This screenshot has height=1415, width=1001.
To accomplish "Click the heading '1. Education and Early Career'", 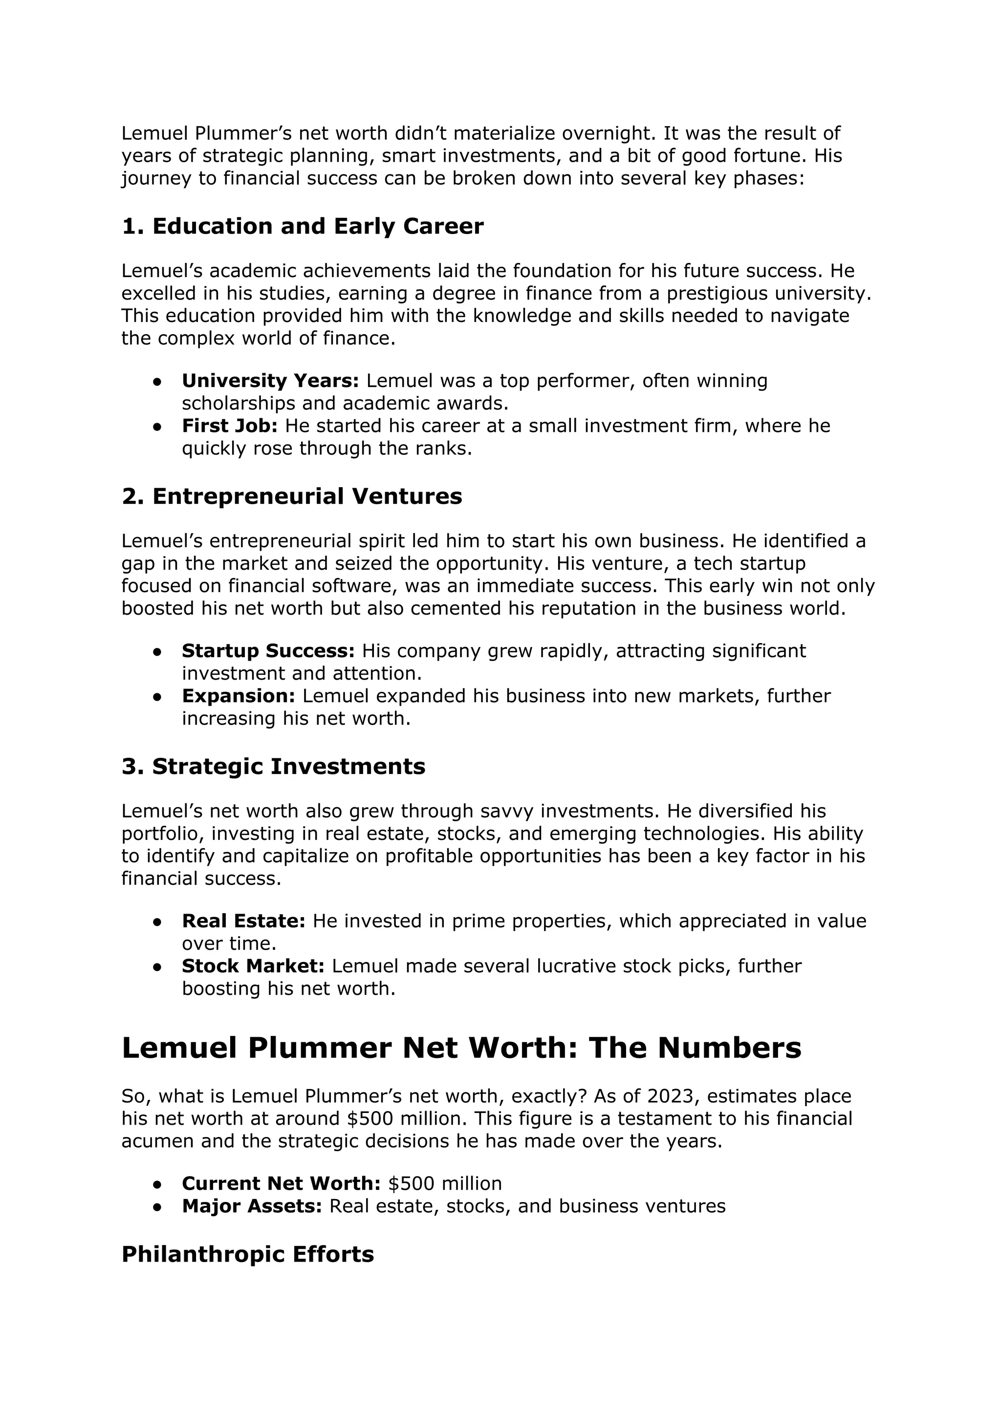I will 302,226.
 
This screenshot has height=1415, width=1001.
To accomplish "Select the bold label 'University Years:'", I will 270,380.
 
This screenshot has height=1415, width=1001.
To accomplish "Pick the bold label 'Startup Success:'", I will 268,650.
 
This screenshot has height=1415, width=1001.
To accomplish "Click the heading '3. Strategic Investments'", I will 273,766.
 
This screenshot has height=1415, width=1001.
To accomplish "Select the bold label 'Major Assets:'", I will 252,1206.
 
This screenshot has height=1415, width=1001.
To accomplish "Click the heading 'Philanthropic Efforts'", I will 247,1254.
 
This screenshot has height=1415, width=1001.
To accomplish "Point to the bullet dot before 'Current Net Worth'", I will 157,1184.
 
